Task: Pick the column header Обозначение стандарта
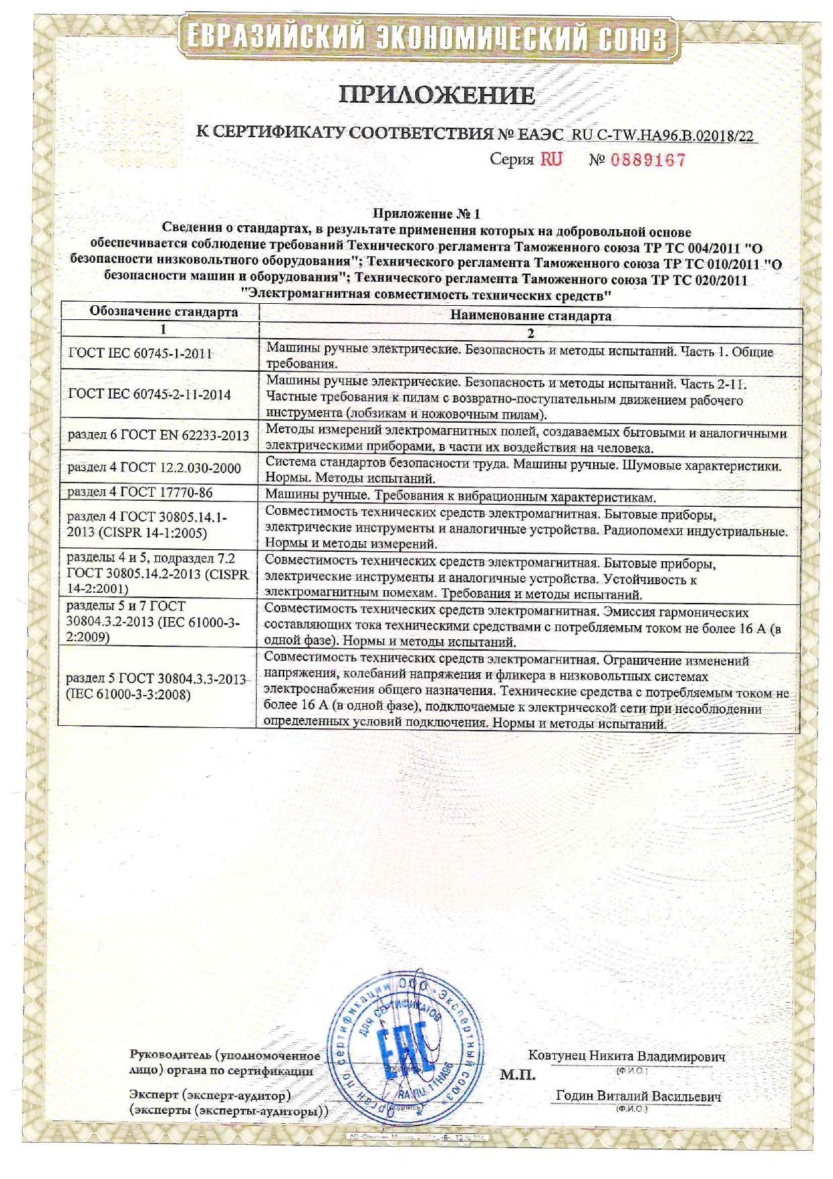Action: tap(164, 313)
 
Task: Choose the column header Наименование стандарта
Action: tap(531, 315)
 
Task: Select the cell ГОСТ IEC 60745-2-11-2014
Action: tap(150, 394)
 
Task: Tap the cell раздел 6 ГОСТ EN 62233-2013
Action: tap(159, 436)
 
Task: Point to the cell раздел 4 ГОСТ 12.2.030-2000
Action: tap(155, 468)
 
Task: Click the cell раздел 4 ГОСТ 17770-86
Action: tap(140, 493)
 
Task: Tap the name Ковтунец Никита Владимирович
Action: tap(627, 1056)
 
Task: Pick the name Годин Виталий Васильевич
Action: tap(638, 1096)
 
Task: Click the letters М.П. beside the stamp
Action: tap(517, 1075)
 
